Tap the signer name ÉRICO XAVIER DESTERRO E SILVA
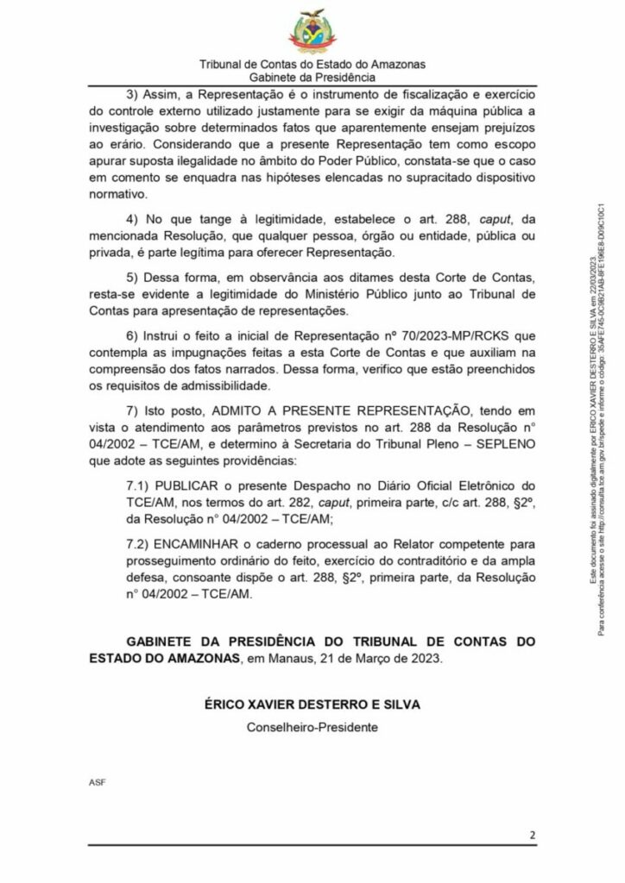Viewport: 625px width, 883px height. coord(312,704)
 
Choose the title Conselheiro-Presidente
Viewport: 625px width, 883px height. coord(312,726)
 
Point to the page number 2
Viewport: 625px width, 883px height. coord(533,835)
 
